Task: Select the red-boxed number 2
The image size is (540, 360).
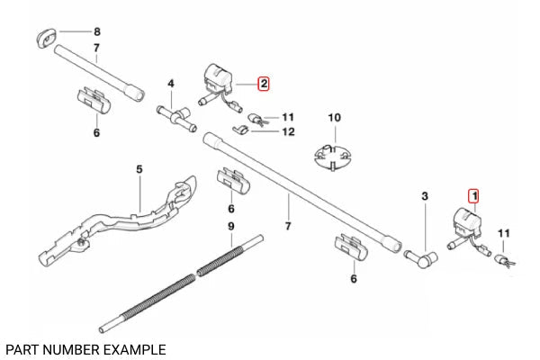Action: click(x=263, y=84)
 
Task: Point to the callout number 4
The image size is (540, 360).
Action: click(x=170, y=85)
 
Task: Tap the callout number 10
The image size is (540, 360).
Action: click(x=334, y=118)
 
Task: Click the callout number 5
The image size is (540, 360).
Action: click(x=139, y=168)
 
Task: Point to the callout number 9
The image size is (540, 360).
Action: click(x=230, y=225)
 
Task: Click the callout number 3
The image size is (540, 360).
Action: click(x=425, y=194)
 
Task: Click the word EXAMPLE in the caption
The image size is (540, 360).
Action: click(x=134, y=347)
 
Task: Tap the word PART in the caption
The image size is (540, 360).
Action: click(x=22, y=347)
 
